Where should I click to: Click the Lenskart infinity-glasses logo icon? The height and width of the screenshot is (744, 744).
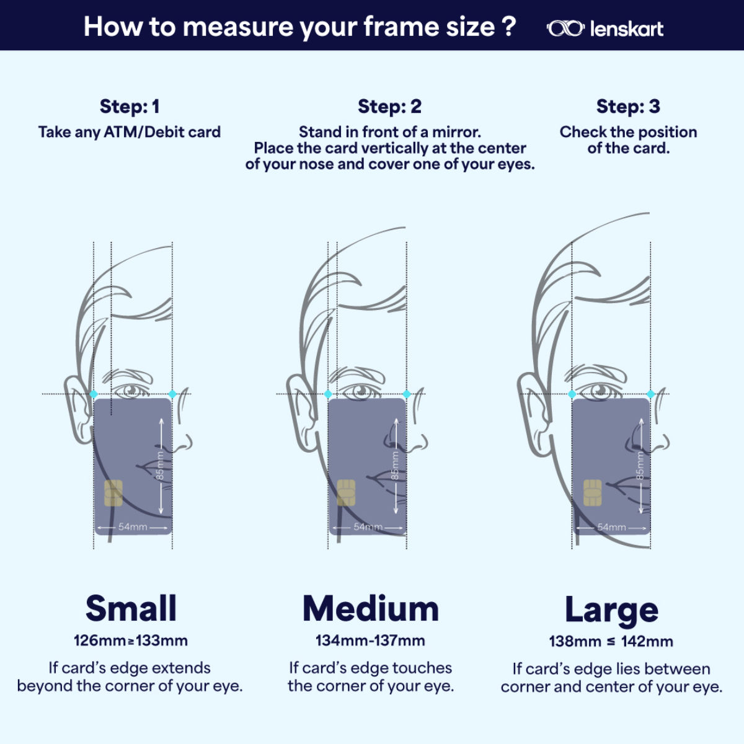point(565,29)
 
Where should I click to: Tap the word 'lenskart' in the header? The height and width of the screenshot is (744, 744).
point(627,29)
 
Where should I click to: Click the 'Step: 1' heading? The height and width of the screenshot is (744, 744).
point(130,107)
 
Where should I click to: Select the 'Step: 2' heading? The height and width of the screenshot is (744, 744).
point(389,107)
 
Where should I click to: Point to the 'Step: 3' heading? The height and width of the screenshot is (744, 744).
point(628,107)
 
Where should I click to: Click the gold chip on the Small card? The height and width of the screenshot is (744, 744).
point(113,493)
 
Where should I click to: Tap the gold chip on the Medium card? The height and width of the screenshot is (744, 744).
point(346,493)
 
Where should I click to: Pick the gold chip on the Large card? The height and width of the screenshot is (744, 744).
point(592,493)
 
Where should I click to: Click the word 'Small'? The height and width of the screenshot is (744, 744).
point(131,608)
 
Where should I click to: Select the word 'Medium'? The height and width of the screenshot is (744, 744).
point(371,609)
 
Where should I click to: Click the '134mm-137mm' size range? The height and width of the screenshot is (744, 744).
point(370,641)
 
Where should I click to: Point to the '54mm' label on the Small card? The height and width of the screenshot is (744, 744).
point(133,527)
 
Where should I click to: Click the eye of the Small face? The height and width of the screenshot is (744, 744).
point(131,390)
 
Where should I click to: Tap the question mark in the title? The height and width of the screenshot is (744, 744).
point(510,26)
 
